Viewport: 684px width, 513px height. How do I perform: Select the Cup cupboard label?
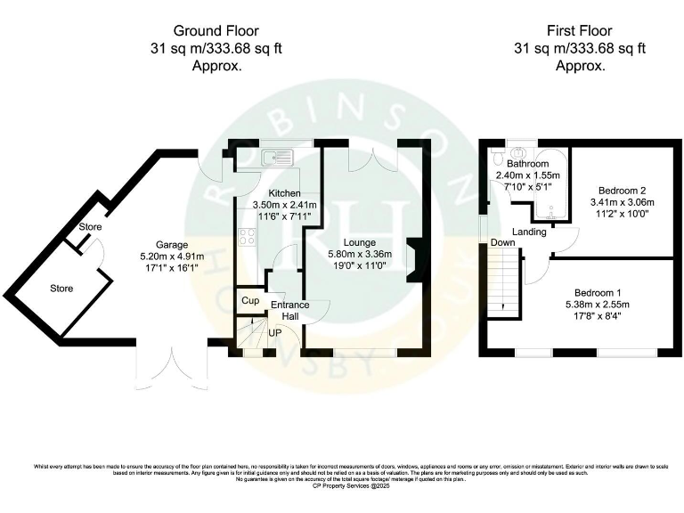[250, 301]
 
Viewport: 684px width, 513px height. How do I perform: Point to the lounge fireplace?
[414, 261]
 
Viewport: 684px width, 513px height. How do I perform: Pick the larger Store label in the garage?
[61, 289]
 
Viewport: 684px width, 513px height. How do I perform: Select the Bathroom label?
[527, 164]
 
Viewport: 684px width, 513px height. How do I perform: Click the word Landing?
[529, 232]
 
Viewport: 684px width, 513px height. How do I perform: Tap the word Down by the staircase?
[502, 242]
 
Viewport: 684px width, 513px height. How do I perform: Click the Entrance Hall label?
[289, 311]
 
